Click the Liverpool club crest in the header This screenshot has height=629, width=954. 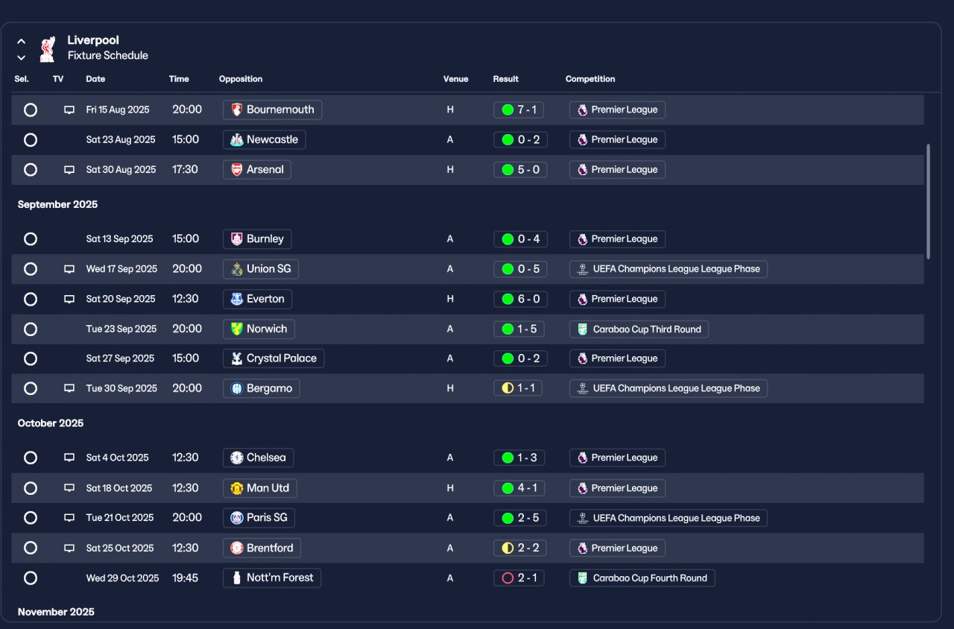47,49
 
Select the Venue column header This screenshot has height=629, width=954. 455,79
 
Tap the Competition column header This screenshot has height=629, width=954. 590,79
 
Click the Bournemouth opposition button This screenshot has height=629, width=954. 272,110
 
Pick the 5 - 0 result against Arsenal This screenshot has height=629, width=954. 520,169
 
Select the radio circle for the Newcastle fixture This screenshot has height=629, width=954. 31,139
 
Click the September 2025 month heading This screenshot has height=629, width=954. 57,204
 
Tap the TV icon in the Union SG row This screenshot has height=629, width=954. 69,269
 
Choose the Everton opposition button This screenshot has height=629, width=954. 257,299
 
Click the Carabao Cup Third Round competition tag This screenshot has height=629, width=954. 639,329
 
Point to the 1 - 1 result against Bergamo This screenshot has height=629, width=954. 517,388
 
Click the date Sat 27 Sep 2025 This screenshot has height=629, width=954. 120,358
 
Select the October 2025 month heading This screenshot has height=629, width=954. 50,423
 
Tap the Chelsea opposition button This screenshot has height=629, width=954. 258,458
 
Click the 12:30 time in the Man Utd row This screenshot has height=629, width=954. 186,487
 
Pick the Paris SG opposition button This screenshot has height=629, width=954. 259,517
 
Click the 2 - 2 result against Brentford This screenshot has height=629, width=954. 520,548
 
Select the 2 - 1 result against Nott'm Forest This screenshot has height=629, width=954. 519,578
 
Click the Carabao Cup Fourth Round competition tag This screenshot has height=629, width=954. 642,578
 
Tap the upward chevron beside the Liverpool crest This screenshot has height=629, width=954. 22,42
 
